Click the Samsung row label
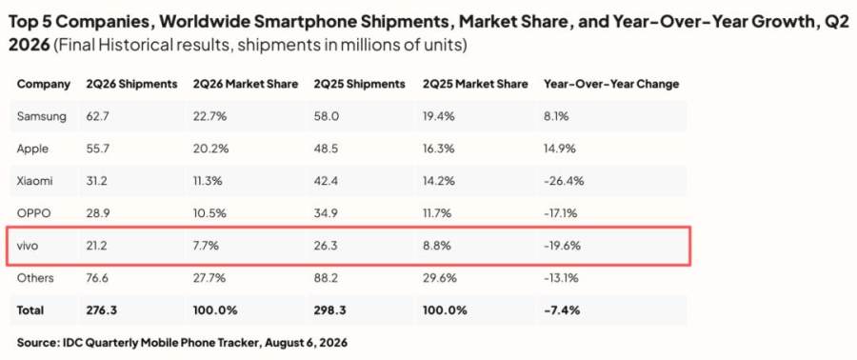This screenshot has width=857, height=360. (x=42, y=116)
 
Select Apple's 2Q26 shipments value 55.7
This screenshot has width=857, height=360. (x=97, y=149)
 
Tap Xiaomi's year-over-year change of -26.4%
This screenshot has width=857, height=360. (x=563, y=181)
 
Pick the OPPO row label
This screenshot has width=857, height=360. (x=34, y=213)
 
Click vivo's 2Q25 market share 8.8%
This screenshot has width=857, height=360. (x=437, y=246)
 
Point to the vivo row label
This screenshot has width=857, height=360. (x=28, y=246)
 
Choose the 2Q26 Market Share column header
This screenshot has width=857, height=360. (x=246, y=84)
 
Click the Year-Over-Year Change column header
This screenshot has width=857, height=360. (x=611, y=84)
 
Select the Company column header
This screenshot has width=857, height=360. (x=44, y=85)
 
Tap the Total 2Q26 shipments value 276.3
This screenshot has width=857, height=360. (x=101, y=310)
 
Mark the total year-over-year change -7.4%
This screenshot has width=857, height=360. (x=561, y=310)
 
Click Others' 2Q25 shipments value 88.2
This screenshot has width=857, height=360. (x=326, y=278)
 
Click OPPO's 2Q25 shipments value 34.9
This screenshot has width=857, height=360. (x=326, y=213)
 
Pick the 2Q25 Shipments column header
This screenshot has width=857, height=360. (x=360, y=84)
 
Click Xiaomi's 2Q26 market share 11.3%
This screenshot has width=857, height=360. (x=208, y=181)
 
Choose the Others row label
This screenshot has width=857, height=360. (x=35, y=278)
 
